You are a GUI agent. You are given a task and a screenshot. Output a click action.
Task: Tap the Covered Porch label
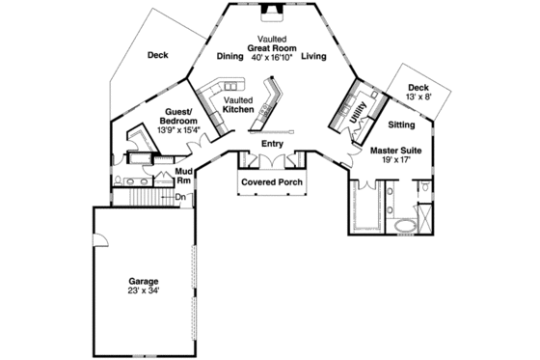(x=271, y=180)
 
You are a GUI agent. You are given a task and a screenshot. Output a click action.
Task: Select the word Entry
(x=272, y=144)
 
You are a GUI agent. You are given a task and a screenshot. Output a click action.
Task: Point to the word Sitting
(x=402, y=125)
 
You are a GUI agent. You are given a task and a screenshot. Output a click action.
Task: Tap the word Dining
(x=230, y=57)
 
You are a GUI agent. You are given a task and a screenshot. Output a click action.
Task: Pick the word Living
(x=313, y=57)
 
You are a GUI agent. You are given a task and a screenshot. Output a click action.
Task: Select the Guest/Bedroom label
(x=182, y=117)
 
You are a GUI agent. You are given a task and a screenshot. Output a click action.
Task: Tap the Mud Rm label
(x=185, y=176)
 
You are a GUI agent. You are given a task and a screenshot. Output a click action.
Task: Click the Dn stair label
(x=180, y=197)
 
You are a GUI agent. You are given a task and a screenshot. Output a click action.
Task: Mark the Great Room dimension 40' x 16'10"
(x=272, y=58)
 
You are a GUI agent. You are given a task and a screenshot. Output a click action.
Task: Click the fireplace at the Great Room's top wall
(x=273, y=13)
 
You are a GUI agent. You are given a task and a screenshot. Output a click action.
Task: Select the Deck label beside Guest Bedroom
(x=158, y=55)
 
